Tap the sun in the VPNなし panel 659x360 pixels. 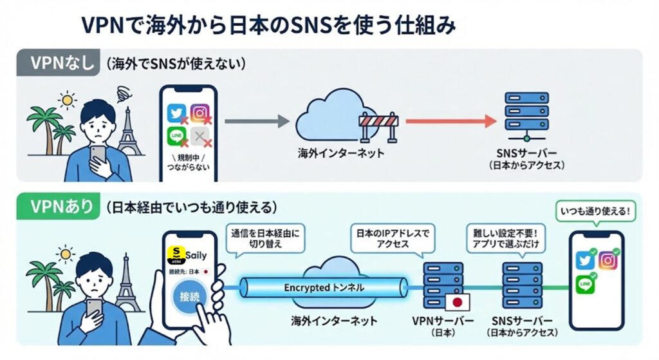coord(67,101)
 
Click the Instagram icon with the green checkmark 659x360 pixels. coord(607,260)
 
